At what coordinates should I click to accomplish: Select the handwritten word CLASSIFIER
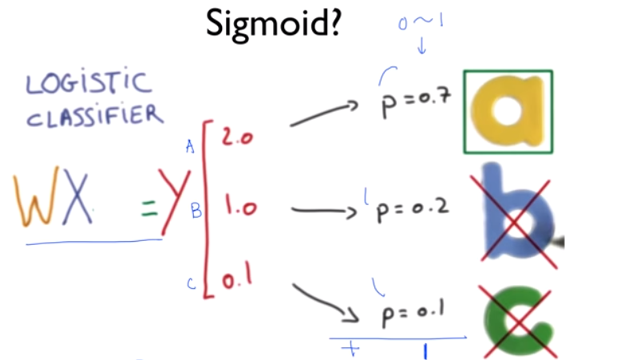94,117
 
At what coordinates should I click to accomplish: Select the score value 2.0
237,138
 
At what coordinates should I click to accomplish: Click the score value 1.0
237,209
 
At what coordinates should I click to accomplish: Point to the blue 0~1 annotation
421,21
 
